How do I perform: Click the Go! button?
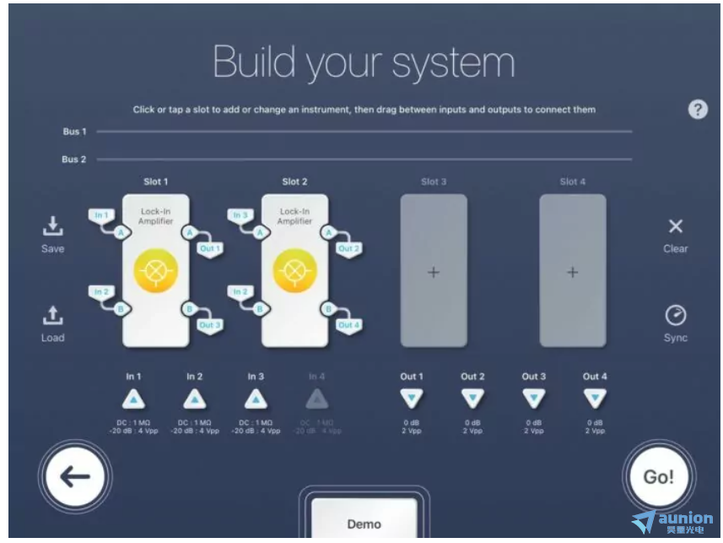pos(658,476)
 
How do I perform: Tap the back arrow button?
pos(76,476)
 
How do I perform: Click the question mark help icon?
pos(698,110)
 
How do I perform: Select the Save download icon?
pos(52,225)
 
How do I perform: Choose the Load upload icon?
pos(52,316)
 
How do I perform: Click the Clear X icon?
pos(675,226)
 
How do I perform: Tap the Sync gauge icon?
pos(675,315)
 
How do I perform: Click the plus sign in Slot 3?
pos(434,273)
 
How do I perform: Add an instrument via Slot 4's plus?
pos(573,273)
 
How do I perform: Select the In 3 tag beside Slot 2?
pos(239,216)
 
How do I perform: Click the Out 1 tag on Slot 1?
pos(209,248)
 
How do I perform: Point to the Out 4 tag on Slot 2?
pos(347,324)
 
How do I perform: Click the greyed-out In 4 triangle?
pos(316,399)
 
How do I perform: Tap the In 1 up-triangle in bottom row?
pos(134,399)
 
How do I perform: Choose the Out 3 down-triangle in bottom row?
pos(533,399)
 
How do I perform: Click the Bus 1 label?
pos(74,132)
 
